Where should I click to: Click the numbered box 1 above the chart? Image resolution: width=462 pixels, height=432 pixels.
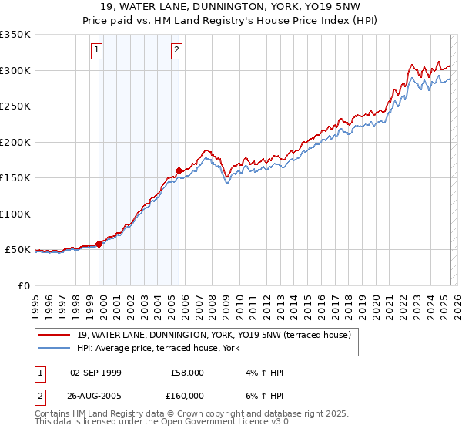pos(97,51)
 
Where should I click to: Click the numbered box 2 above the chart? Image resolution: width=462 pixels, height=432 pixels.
pos(177,51)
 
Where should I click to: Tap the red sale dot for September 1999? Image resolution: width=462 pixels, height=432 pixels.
pos(99,244)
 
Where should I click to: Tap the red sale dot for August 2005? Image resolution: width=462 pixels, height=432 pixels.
pos(179,170)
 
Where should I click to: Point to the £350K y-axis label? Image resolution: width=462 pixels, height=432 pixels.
pos(15,35)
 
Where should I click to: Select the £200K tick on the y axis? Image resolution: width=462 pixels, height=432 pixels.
pos(15,142)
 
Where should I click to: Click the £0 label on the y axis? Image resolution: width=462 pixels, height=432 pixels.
pos(24,285)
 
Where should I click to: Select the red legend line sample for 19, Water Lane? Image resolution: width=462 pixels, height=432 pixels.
pos(55,334)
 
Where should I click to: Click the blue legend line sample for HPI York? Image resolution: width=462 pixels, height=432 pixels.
pos(55,348)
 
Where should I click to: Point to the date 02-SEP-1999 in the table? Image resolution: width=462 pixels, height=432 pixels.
pos(95,373)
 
